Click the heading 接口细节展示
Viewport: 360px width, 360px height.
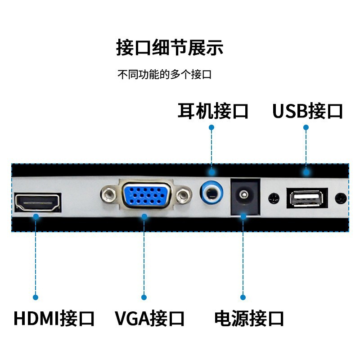(x=170, y=48)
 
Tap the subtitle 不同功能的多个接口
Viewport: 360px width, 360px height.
(x=164, y=75)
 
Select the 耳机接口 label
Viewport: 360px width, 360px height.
(x=213, y=111)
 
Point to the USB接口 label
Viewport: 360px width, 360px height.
(x=308, y=111)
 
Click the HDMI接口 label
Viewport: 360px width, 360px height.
(x=54, y=318)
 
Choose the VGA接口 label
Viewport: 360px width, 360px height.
(x=150, y=318)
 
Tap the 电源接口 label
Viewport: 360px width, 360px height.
(x=249, y=318)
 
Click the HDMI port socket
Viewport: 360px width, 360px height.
(x=38, y=202)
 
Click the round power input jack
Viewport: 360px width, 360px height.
(x=243, y=195)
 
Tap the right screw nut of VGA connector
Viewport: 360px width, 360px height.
(x=183, y=195)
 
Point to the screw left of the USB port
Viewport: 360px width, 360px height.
(x=272, y=198)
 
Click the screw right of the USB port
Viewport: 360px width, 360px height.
(x=342, y=198)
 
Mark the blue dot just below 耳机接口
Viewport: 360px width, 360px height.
(x=211, y=127)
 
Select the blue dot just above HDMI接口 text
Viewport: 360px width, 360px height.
(x=36, y=297)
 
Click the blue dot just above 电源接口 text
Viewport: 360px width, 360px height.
(x=243, y=297)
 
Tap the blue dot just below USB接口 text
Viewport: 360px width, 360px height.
(x=306, y=127)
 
